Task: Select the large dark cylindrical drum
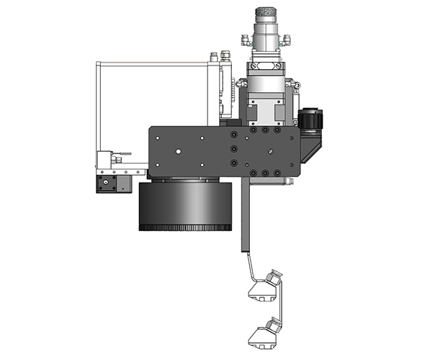point(184,204)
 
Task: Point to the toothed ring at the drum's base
point(184,228)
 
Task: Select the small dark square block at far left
point(106,184)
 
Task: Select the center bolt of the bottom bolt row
point(265,173)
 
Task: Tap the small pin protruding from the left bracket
point(125,153)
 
